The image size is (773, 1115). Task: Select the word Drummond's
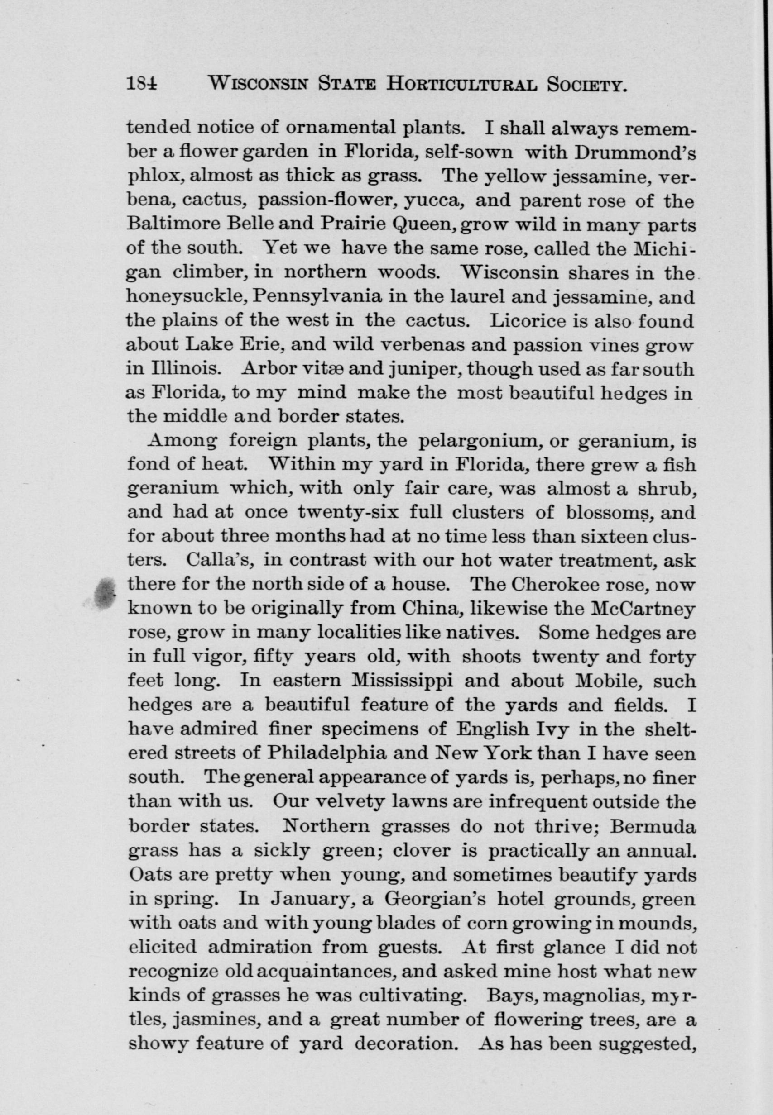634,153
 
